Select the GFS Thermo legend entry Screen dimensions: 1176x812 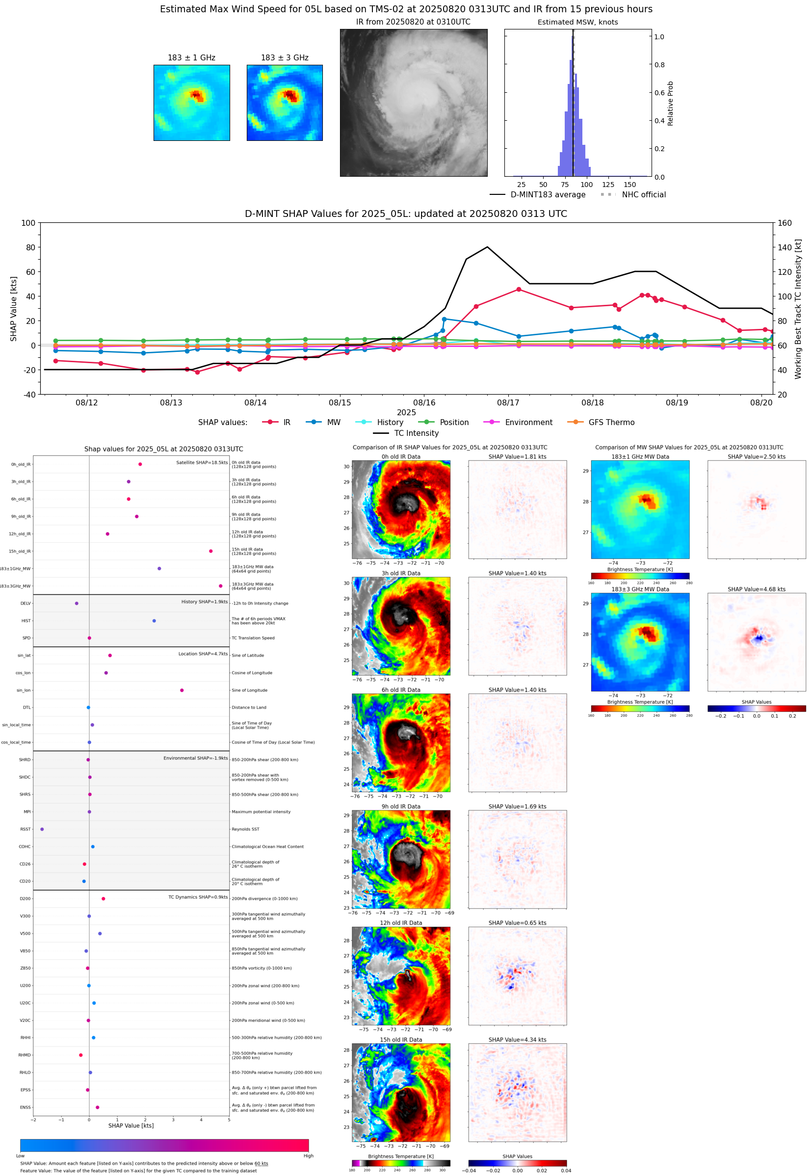click(x=611, y=423)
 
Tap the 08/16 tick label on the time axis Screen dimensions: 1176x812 click(x=424, y=402)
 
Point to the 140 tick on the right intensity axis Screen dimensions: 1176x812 click(x=785, y=247)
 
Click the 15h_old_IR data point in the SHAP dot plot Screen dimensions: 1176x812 click(x=210, y=551)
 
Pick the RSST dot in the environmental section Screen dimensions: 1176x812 click(x=42, y=829)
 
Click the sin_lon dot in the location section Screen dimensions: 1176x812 click(x=182, y=690)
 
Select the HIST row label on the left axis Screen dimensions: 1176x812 click(x=26, y=621)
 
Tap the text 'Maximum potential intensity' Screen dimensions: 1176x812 click(x=261, y=812)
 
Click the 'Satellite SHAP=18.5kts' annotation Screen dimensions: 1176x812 click(x=202, y=462)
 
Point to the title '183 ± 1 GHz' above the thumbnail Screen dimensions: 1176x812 click(x=191, y=58)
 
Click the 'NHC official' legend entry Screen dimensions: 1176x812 click(x=644, y=194)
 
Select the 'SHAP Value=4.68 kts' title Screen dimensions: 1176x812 click(x=756, y=589)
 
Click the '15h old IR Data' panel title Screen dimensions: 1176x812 click(x=401, y=1040)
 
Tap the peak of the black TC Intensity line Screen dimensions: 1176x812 click(x=487, y=247)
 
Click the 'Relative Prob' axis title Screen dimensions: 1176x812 click(x=670, y=103)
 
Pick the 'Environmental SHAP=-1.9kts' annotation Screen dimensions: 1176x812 click(x=195, y=758)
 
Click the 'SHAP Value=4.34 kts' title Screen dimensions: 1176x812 click(x=517, y=1040)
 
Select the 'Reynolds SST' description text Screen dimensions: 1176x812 click(x=245, y=829)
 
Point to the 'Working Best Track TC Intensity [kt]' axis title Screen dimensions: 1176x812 click(x=798, y=308)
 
